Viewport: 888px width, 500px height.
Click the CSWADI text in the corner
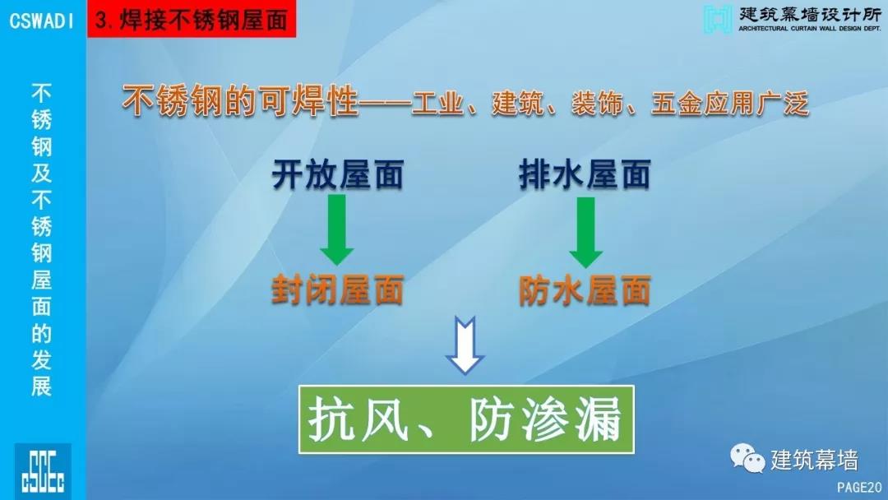point(42,21)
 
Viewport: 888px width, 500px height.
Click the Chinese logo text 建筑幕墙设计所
point(810,14)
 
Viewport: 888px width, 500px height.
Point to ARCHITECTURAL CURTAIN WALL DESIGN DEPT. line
point(810,28)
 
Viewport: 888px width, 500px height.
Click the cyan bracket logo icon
point(718,19)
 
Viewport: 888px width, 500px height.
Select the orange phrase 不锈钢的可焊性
point(240,103)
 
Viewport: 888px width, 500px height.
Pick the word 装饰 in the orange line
point(597,104)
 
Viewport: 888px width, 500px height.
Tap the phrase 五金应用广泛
point(730,104)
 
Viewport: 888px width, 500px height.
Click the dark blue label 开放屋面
point(338,174)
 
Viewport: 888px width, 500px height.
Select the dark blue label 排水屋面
point(585,174)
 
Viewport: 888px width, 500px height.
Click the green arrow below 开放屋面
point(337,230)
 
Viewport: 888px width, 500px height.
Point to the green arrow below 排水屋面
point(585,232)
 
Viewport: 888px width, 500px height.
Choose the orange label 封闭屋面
point(338,290)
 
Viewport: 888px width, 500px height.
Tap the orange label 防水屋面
point(585,290)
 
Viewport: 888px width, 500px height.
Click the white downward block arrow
point(465,345)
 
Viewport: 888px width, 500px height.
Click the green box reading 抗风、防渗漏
point(466,419)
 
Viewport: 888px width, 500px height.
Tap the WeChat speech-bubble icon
point(747,458)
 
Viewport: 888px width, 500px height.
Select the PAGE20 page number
point(859,488)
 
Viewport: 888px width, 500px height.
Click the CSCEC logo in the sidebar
point(43,471)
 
